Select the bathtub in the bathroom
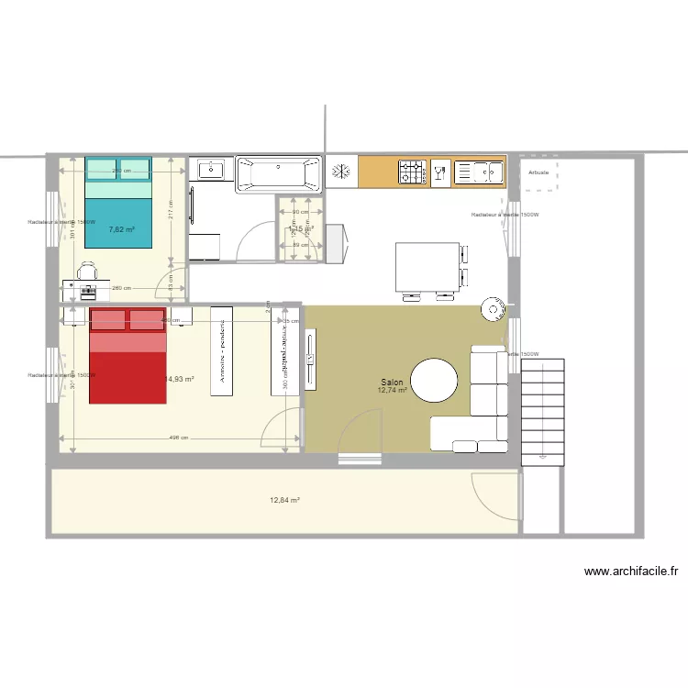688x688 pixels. (279, 174)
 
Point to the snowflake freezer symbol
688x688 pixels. (341, 171)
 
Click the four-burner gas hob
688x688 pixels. (412, 171)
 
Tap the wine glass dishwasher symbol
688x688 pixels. (439, 172)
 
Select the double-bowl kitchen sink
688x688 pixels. (478, 172)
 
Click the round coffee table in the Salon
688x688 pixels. (433, 379)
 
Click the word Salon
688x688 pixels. (393, 382)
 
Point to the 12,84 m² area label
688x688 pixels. (285, 500)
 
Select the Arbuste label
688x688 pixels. (539, 172)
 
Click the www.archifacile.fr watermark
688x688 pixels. (632, 571)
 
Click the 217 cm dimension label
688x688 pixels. (171, 214)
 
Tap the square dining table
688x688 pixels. (427, 266)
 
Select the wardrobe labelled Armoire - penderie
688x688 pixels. (221, 351)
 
